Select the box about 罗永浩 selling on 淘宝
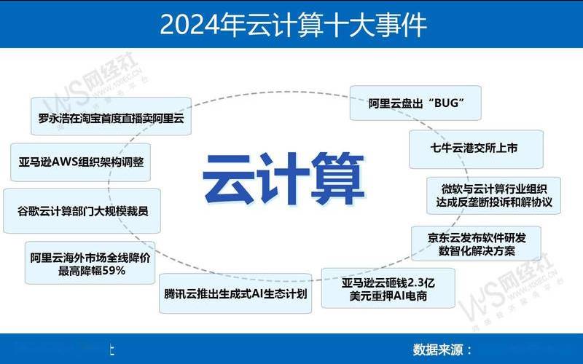coord(111,116)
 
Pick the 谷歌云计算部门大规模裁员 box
coord(82,212)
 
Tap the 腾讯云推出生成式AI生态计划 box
coord(236,295)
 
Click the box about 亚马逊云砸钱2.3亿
coord(388,287)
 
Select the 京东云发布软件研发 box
coord(477,244)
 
